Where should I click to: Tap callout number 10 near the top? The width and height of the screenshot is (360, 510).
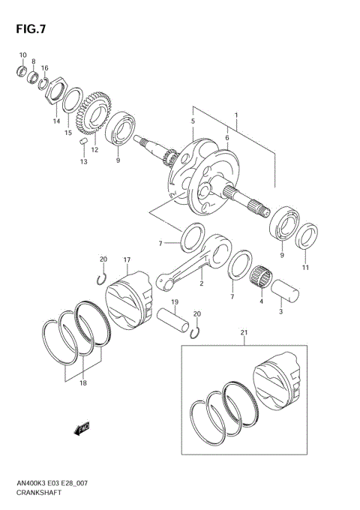(x=22, y=55)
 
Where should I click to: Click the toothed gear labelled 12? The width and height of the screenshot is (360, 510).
(x=94, y=113)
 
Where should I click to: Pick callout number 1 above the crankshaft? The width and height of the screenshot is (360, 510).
(x=236, y=115)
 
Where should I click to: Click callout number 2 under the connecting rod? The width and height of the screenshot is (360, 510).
(x=201, y=284)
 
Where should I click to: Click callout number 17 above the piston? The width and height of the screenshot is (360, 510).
(x=127, y=260)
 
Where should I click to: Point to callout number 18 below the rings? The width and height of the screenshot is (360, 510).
(x=82, y=382)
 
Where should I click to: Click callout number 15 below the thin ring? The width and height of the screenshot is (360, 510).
(x=68, y=133)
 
